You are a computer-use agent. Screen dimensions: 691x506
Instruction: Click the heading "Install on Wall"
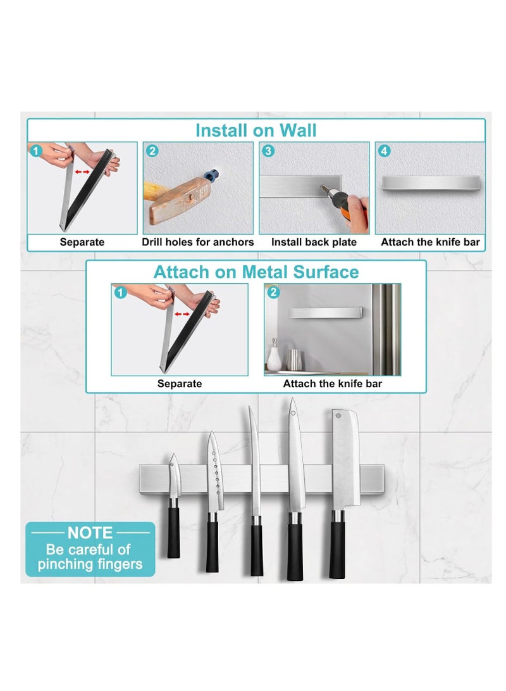(256, 130)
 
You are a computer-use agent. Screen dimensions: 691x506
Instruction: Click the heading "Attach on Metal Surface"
(256, 272)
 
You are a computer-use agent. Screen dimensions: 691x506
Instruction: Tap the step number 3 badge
(268, 151)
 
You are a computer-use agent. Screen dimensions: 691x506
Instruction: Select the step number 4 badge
(384, 151)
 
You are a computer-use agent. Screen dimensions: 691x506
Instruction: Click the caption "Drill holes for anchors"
(197, 242)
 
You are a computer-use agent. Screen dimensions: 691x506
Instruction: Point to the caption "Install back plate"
(314, 242)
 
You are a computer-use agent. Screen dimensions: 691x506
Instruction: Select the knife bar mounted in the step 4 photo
(430, 183)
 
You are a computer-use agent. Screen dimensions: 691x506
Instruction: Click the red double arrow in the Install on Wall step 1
(82, 172)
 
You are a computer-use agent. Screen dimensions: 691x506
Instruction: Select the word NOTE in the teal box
(90, 533)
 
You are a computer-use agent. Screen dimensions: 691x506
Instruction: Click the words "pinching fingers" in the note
(90, 564)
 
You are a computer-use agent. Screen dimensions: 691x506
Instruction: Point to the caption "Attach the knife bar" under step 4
(430, 242)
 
